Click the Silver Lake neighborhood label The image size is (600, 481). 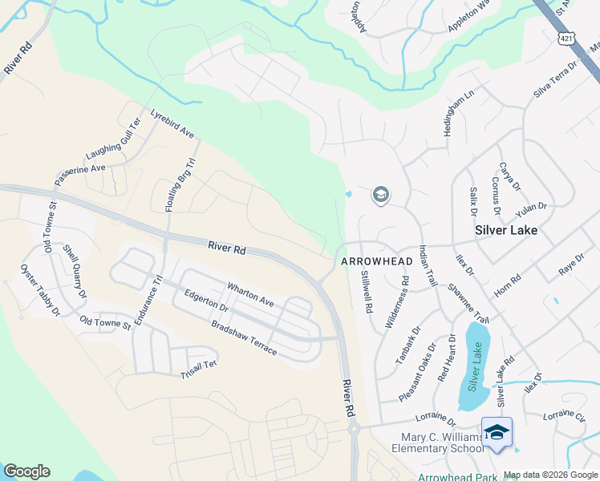coord(505,229)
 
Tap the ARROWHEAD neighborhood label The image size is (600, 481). coord(376,261)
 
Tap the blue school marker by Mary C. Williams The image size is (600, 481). coord(497,432)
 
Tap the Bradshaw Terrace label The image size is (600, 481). coord(244,339)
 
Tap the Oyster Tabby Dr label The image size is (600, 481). coord(40,289)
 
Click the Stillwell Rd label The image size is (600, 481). coord(366,291)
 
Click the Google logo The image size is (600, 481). coord(26,471)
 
